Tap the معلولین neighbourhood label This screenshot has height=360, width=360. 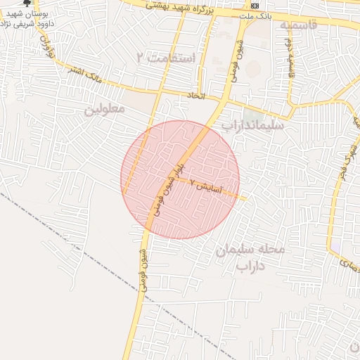105,110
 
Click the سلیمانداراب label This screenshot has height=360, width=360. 253,125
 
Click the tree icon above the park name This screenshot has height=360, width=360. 27,4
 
